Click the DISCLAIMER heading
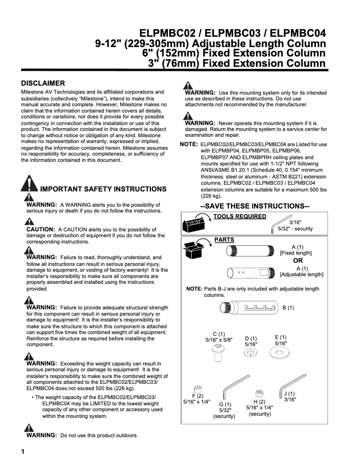tap(43, 83)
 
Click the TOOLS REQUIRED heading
tap(240, 217)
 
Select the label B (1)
tap(288, 308)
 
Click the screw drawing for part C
tap(217, 354)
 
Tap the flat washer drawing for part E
tap(281, 353)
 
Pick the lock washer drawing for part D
tap(251, 353)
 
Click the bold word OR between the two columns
tap(298, 261)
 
